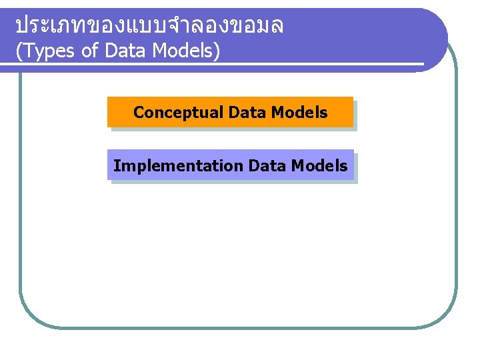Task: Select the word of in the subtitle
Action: [90, 51]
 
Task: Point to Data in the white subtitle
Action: [124, 51]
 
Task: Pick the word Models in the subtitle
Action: [180, 51]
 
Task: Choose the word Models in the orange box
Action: [299, 113]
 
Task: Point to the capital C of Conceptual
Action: [139, 113]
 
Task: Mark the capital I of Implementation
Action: [116, 165]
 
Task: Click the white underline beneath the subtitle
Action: [220, 64]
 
